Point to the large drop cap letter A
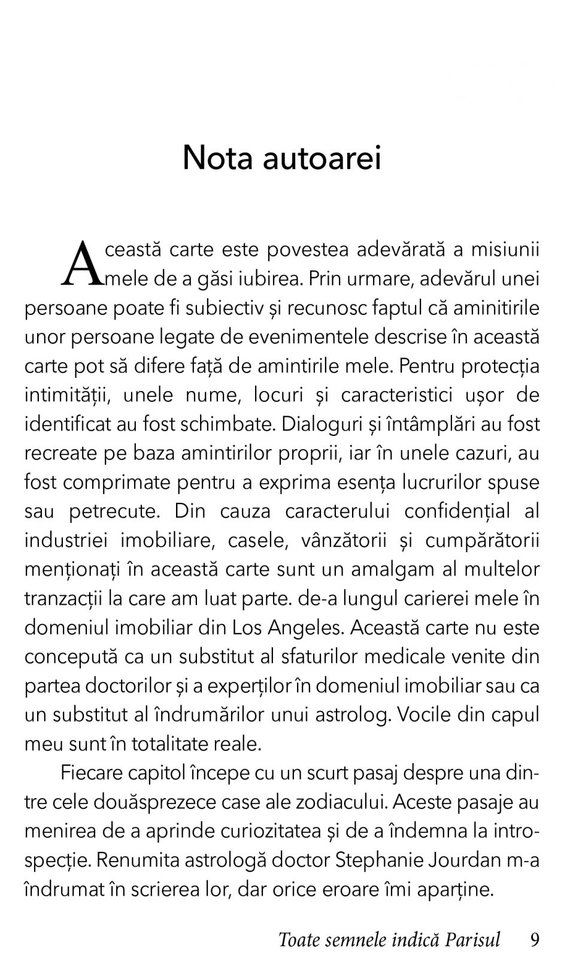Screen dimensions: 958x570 click(82, 263)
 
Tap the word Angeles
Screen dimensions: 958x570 click(304, 627)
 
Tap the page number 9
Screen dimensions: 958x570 click(535, 939)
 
